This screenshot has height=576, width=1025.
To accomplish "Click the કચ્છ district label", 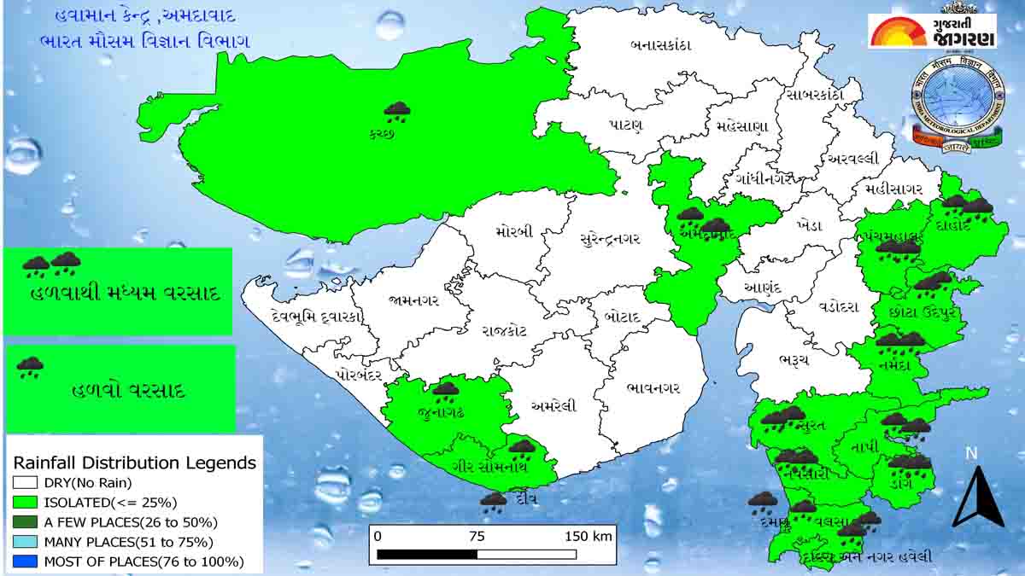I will coord(382,134).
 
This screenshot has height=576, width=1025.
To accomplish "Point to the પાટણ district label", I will coord(626,125).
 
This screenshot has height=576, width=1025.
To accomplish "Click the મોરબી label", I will coord(514,231).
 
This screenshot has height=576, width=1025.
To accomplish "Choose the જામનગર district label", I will coord(413,300).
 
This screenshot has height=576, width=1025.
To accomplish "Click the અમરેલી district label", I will coord(553,405).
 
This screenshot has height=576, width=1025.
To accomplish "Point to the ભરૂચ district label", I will coord(794,360).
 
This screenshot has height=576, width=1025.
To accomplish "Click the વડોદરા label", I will coord(838,307).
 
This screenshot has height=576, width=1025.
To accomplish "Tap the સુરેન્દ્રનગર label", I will coord(609,238).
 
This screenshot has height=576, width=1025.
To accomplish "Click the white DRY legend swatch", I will coord(25,482).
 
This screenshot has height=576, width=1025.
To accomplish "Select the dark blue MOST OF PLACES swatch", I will coord(25,561).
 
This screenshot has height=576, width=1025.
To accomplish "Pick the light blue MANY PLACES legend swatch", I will coord(25,541).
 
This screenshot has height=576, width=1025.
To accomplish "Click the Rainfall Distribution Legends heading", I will coord(134,463).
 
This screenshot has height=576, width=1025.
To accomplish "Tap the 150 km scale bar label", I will coord(589,536).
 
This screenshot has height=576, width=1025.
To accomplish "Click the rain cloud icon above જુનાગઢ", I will coord(445,392).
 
